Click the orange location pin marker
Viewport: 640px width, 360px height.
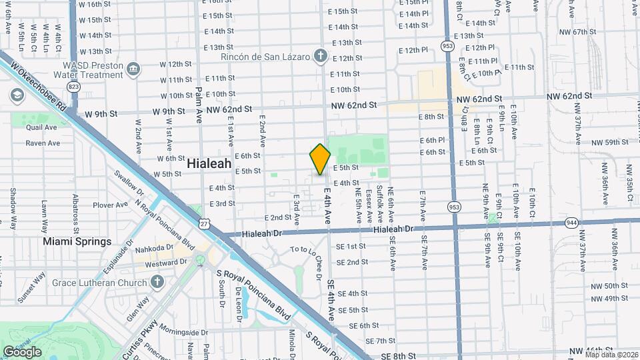[x=320, y=159]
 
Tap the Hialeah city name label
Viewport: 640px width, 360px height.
[x=209, y=163]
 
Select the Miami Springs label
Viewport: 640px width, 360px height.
[x=77, y=241]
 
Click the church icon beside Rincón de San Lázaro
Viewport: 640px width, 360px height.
[x=321, y=55]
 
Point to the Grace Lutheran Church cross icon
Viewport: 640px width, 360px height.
[x=157, y=283]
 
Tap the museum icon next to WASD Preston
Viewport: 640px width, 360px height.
[x=133, y=69]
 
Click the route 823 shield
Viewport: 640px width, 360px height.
[x=73, y=87]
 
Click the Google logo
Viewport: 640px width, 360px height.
[x=22, y=351]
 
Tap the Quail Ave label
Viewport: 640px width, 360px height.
[x=42, y=127]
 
